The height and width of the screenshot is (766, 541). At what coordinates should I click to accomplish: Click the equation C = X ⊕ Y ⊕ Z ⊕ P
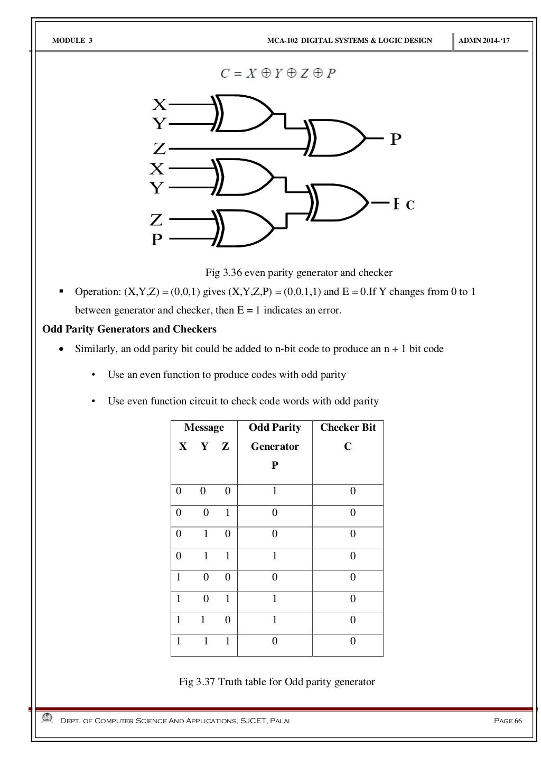[278, 73]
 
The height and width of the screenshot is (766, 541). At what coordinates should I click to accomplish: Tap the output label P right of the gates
[396, 140]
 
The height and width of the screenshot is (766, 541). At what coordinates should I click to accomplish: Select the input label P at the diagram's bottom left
[157, 241]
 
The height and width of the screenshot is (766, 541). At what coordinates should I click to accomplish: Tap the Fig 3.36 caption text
[299, 273]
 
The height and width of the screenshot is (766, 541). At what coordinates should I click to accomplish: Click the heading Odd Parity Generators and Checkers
[129, 329]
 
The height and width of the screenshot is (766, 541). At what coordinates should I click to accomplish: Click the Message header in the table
[204, 428]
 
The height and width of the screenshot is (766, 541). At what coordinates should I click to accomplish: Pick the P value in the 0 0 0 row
[275, 491]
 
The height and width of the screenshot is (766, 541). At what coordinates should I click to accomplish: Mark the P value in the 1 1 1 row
[275, 641]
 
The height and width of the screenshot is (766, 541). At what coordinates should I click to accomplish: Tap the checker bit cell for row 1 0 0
[352, 577]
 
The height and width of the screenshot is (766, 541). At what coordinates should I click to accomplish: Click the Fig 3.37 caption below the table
[277, 681]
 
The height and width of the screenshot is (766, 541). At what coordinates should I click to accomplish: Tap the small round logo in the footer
[48, 718]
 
